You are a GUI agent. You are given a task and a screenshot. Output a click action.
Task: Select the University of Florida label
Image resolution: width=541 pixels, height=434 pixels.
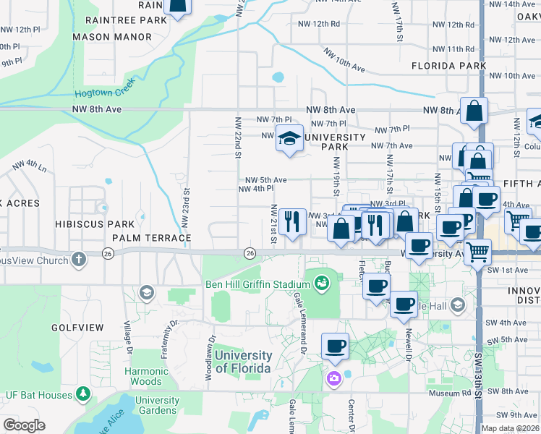click(x=243, y=362)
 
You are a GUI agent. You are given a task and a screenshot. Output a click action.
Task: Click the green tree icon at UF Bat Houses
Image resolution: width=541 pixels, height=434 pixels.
click(x=84, y=394)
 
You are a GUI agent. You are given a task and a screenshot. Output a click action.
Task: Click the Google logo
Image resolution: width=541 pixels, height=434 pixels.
click(x=24, y=425)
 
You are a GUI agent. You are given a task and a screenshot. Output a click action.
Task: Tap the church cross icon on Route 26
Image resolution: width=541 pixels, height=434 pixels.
click(x=79, y=258)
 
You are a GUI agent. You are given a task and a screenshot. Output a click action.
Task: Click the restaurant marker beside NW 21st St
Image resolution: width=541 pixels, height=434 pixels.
click(x=291, y=220)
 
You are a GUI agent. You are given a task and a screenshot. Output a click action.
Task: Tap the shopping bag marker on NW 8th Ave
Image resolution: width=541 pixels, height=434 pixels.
click(x=474, y=111)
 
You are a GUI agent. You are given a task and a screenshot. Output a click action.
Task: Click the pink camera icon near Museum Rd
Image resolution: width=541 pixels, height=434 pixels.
click(x=333, y=378)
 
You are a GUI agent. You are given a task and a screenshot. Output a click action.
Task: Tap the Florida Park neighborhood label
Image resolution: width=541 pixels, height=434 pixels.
click(x=448, y=65)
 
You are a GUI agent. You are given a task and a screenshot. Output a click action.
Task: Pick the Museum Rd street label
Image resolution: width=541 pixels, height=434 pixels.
click(x=449, y=393)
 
